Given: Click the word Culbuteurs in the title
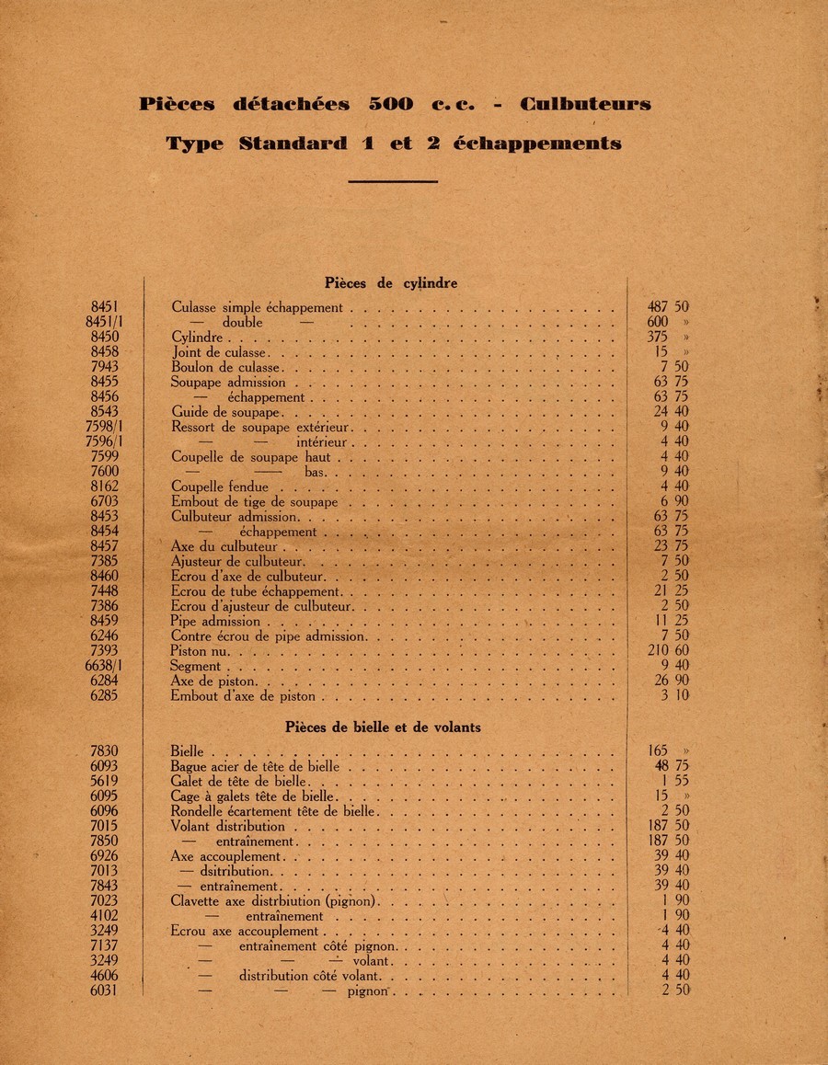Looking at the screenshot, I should tap(585, 104).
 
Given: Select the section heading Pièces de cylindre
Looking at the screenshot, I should tap(391, 283).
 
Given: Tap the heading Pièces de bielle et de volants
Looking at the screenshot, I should tap(383, 727).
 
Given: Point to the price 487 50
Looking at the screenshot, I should tap(669, 307).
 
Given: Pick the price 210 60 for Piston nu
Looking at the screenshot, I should tap(669, 651).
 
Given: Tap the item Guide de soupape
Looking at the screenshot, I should tap(225, 412).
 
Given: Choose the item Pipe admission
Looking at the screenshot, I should tap(216, 622).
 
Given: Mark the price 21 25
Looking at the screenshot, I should tap(671, 591).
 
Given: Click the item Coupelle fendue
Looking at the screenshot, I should tap(220, 487).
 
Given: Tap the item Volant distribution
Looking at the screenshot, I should tap(228, 826).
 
